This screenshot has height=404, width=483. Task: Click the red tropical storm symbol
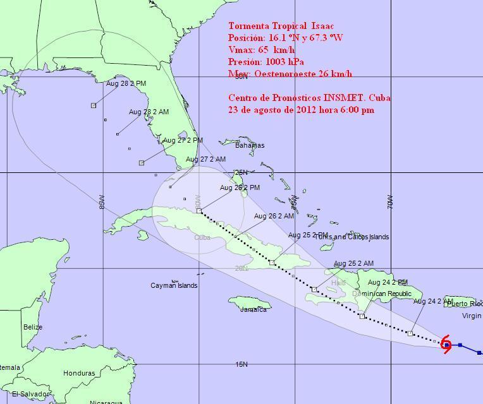[446, 345]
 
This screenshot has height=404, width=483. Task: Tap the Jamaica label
[253, 309]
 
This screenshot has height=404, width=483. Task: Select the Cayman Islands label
[174, 285]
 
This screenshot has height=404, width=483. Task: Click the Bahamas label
[250, 145]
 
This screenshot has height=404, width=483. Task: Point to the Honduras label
[79, 373]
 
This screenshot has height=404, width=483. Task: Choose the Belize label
[33, 327]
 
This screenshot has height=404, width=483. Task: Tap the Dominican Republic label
[381, 294]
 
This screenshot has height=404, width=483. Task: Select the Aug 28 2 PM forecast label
[126, 83]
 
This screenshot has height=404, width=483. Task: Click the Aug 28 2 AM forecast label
[149, 112]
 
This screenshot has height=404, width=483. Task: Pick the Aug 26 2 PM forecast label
[240, 187]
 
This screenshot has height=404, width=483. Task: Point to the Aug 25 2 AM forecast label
[353, 263]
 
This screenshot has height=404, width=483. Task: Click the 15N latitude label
[241, 364]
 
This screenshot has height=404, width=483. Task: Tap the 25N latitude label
[241, 172]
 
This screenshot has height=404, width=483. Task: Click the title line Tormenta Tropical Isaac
[281, 26]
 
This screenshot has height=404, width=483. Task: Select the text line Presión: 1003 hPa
[266, 62]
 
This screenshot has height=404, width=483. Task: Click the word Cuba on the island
[202, 237]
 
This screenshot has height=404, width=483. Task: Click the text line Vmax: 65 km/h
[262, 50]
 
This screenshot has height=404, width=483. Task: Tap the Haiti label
[338, 283]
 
